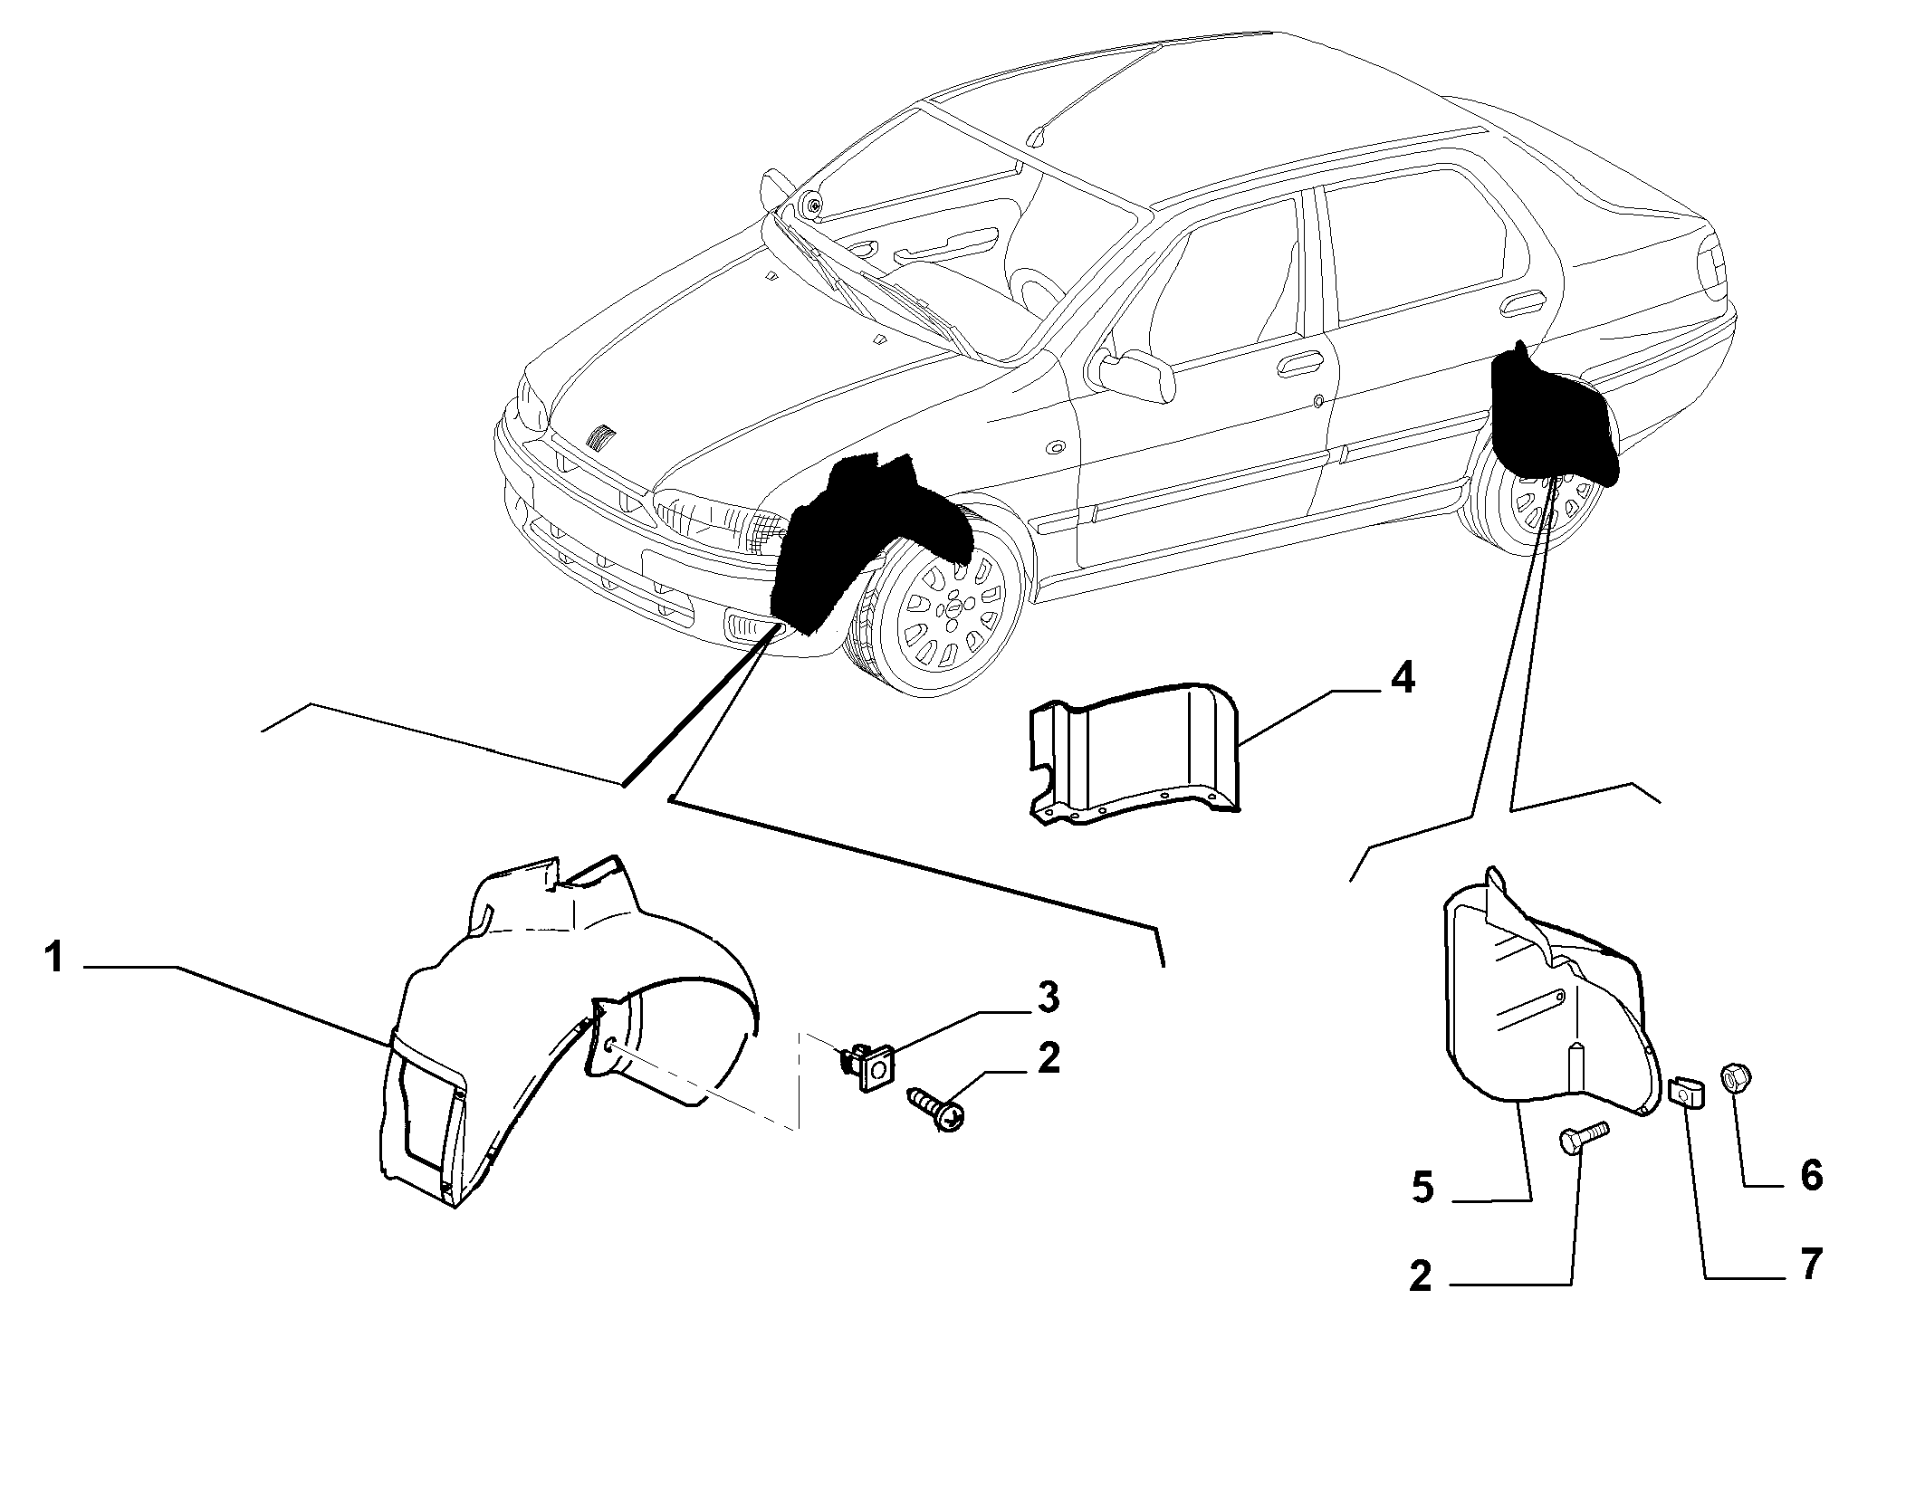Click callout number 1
pos(55,958)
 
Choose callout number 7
pos(1809,1264)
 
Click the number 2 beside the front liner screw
pos(1049,1057)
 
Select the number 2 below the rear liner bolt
pos(1421,1276)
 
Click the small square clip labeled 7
pos(1685,1094)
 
